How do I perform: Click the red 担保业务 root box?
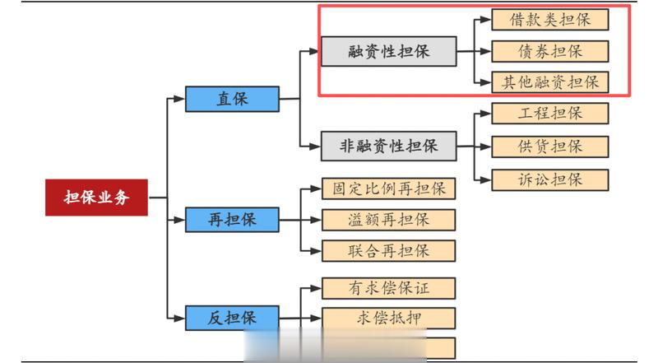(x=97, y=198)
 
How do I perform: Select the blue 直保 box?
(x=232, y=99)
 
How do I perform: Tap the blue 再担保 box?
(x=232, y=220)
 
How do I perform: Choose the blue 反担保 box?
(x=232, y=317)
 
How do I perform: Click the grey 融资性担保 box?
(x=387, y=51)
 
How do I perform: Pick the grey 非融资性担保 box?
(x=387, y=147)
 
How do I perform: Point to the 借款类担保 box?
(x=549, y=19)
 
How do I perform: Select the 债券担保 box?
(x=549, y=50)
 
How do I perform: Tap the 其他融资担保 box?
(x=549, y=81)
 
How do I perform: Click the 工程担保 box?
(x=549, y=114)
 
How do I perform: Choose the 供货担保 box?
(x=549, y=147)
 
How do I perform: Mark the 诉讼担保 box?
(x=549, y=179)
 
